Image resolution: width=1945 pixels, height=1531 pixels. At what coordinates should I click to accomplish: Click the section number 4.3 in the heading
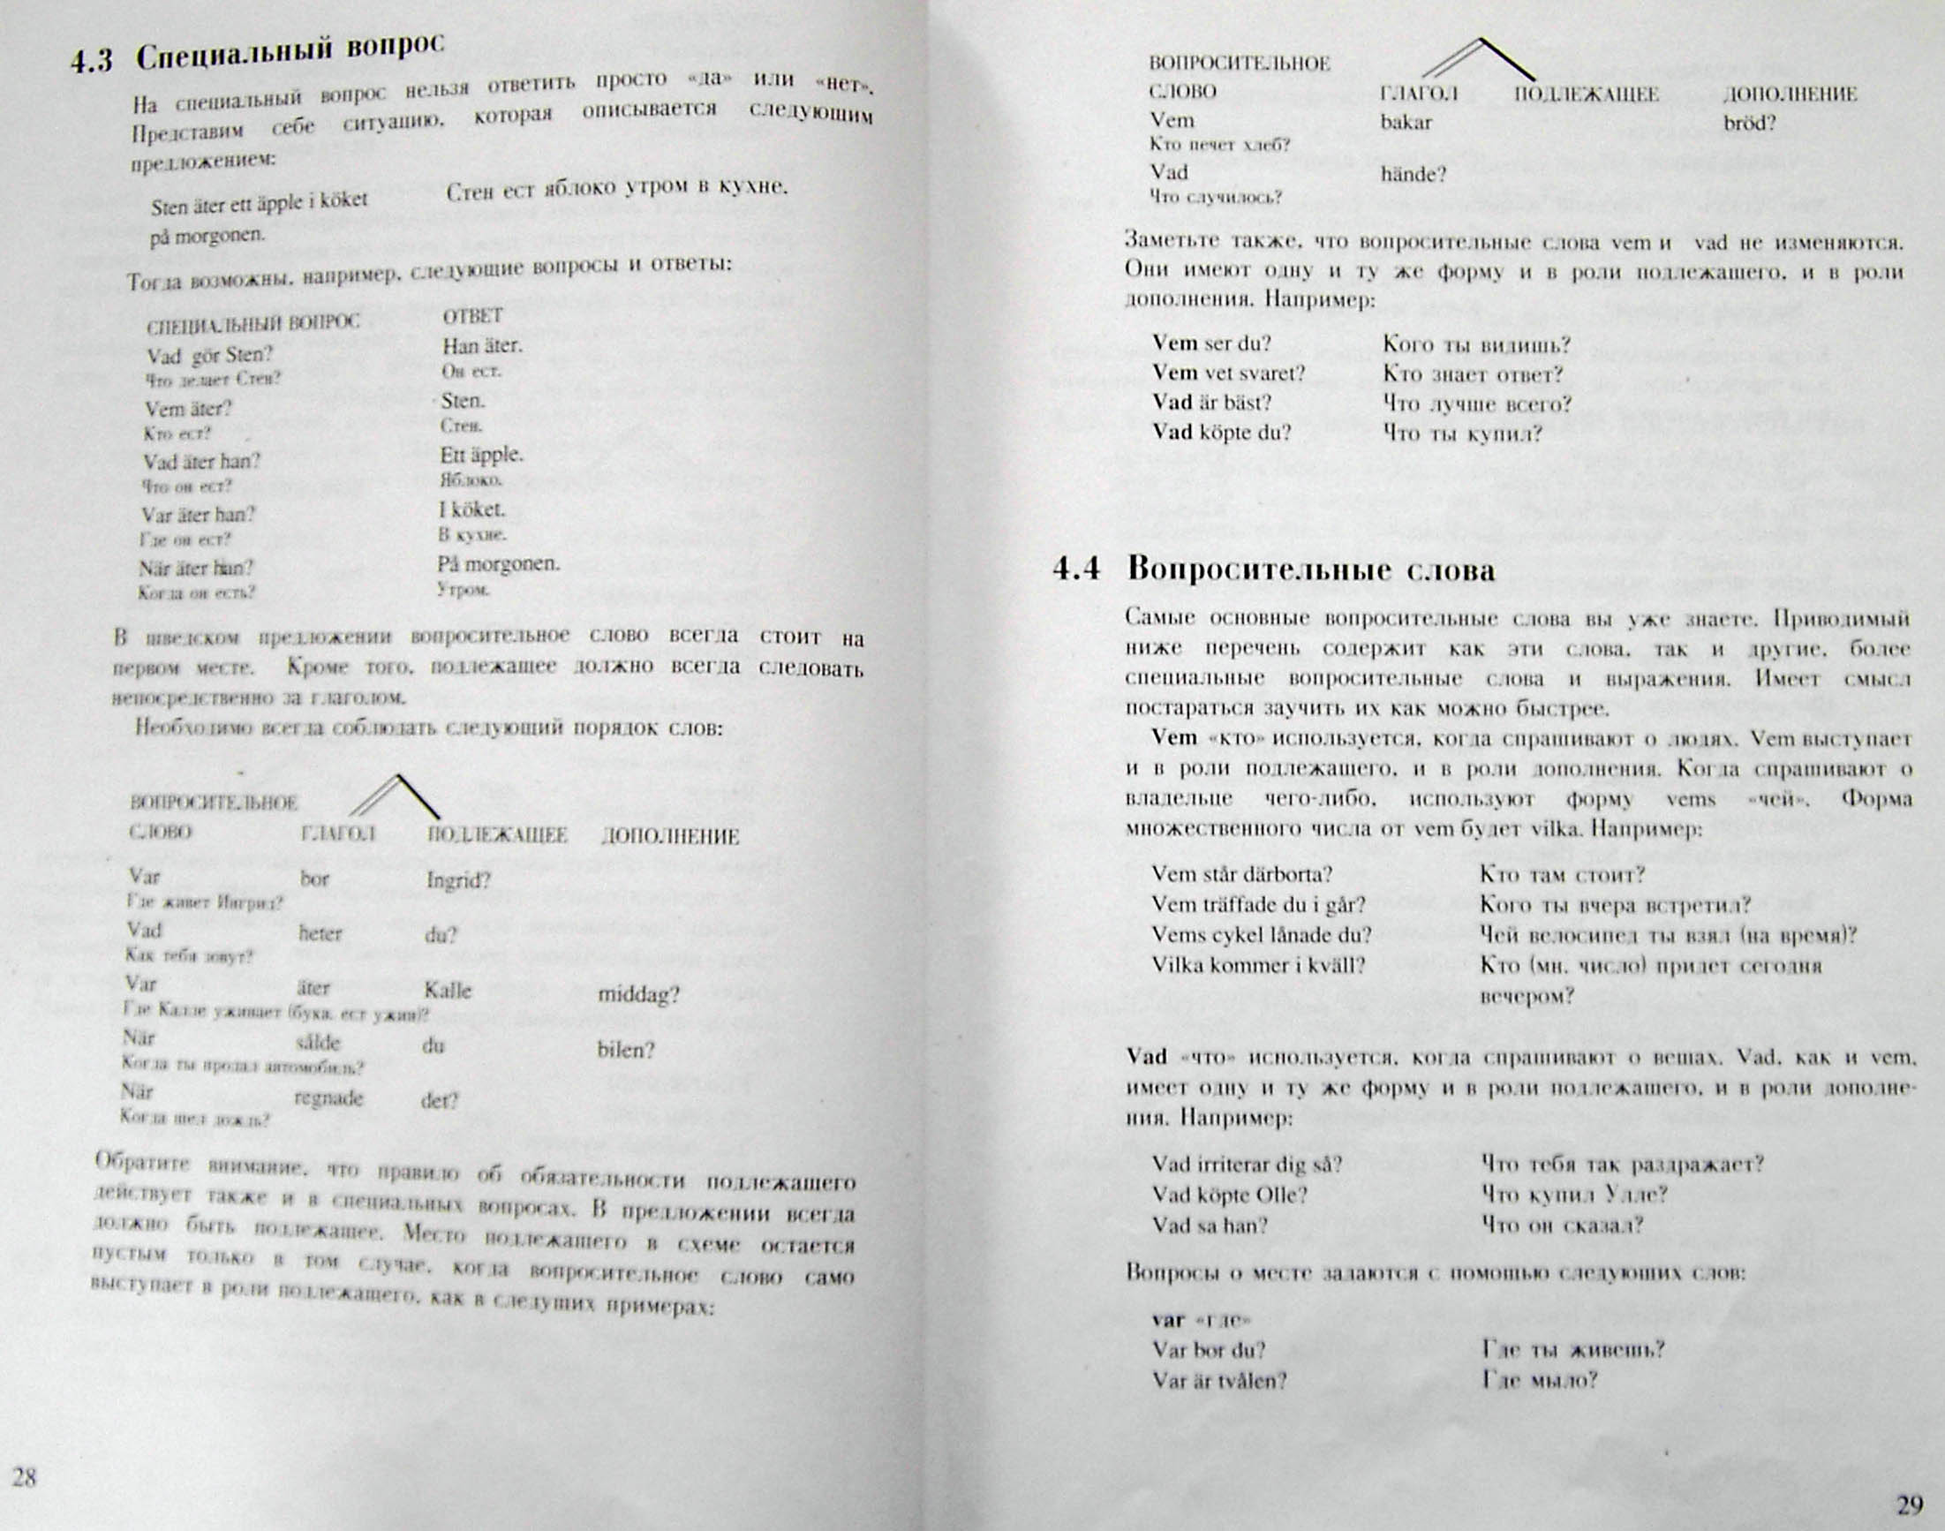(93, 62)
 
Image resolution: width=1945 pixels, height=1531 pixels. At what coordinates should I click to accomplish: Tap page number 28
(24, 1477)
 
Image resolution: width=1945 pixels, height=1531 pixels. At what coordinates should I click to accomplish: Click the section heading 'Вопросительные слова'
(1310, 570)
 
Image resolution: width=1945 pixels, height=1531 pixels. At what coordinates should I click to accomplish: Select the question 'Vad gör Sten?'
(210, 355)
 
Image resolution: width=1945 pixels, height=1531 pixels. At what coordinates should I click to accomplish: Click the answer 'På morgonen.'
(498, 564)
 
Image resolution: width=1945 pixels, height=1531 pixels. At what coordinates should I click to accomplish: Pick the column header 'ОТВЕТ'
(472, 316)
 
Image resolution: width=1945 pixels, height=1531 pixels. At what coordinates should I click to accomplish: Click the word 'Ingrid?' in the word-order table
(458, 880)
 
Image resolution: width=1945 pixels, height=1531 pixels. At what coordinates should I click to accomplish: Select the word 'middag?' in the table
(638, 994)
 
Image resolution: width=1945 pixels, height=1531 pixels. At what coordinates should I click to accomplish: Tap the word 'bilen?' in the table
(626, 1050)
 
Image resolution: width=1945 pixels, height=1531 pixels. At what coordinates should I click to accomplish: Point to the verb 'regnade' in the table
(328, 1098)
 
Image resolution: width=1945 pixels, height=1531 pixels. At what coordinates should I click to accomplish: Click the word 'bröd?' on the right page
(1750, 124)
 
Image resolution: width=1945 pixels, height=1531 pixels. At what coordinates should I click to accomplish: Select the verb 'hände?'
(1414, 175)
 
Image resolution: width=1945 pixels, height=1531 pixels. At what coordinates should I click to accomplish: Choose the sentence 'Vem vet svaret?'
(1228, 373)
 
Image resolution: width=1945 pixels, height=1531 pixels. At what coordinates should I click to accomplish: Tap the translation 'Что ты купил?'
(1462, 434)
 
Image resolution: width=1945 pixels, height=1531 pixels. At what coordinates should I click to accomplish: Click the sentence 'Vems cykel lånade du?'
(1261, 935)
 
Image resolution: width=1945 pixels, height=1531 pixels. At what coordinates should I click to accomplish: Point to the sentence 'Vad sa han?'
(1210, 1226)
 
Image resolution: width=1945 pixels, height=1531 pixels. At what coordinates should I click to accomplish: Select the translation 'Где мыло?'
(1539, 1380)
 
